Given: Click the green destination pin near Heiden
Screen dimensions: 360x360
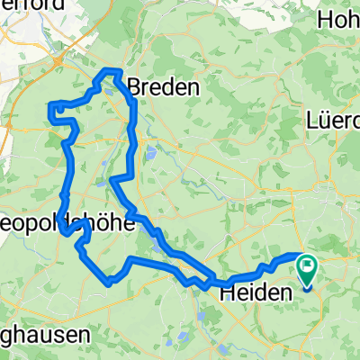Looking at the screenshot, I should (x=307, y=268).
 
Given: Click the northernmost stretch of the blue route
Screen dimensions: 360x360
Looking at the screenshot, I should (x=113, y=70).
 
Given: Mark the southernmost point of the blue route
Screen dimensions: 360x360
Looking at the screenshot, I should (x=108, y=283).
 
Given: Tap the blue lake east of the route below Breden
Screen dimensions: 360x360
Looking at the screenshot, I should (x=151, y=154).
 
